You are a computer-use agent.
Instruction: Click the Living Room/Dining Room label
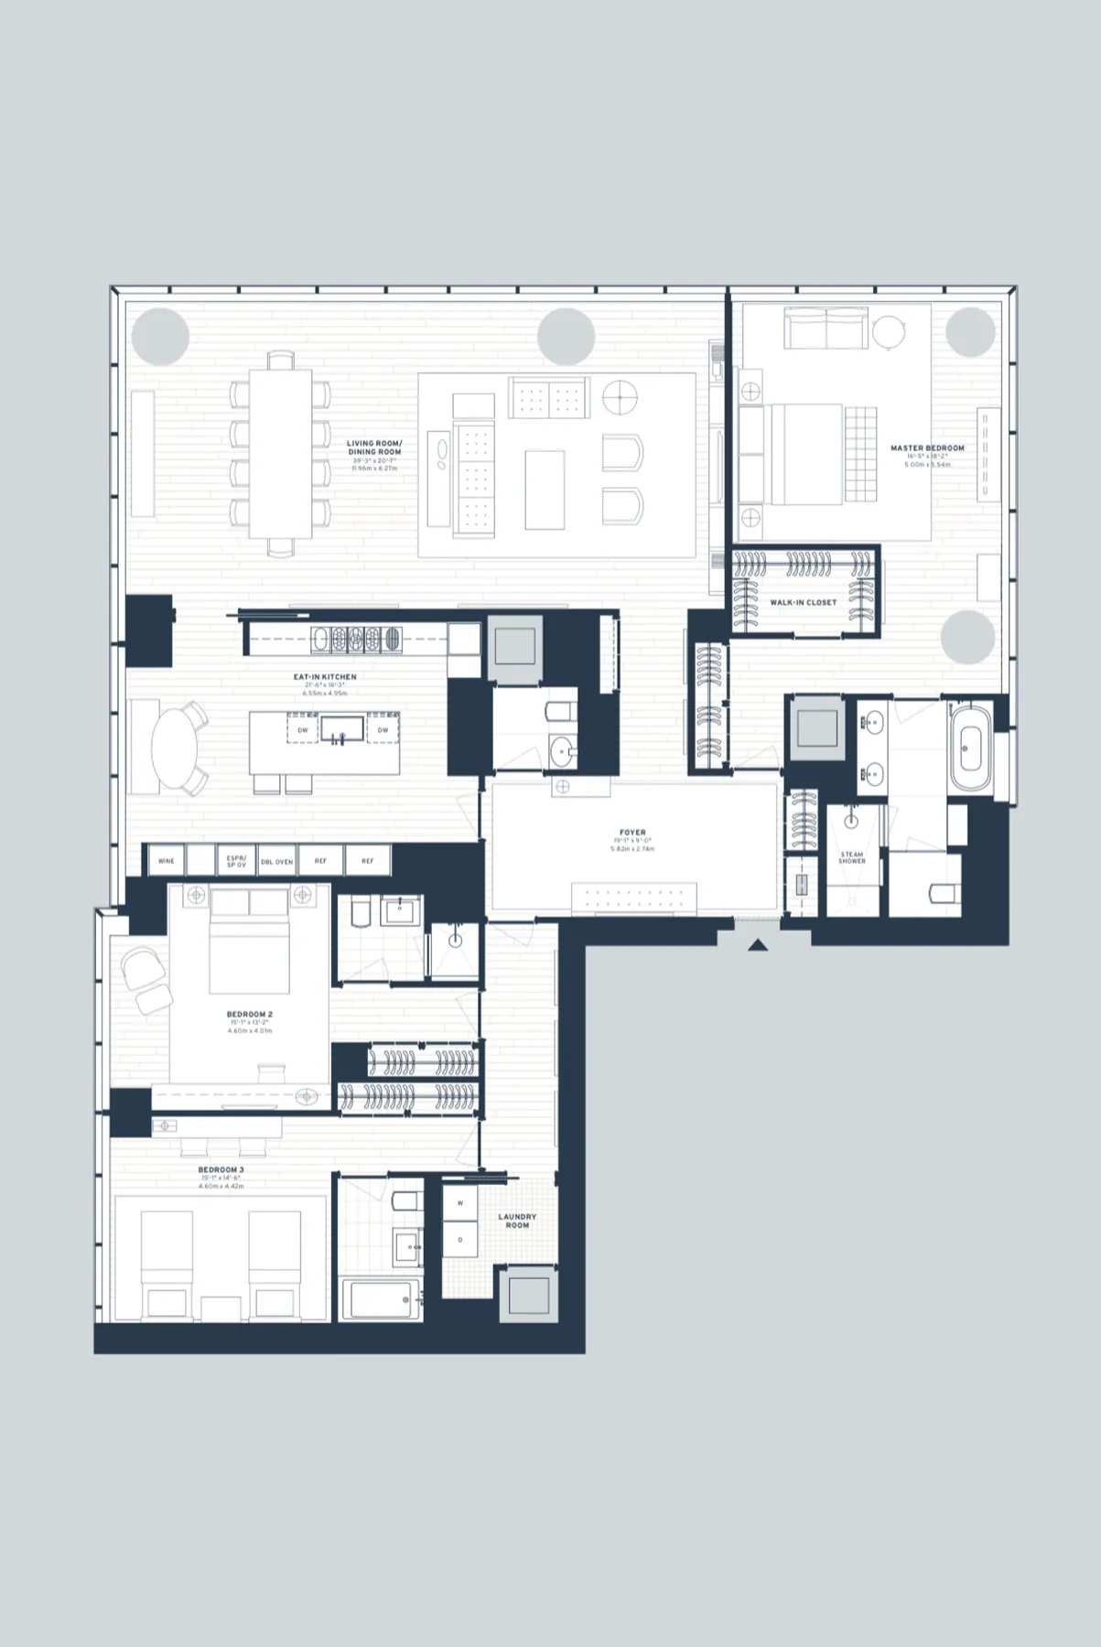374,447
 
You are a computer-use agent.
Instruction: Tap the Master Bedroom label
927,448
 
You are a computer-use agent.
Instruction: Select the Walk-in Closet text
803,603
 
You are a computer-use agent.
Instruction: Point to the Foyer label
632,833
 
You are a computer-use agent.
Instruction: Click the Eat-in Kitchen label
325,677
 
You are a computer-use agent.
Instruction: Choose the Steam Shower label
851,857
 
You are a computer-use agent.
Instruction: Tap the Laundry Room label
517,1221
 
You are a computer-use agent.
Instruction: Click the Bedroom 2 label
250,1015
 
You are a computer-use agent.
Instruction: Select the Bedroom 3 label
221,1169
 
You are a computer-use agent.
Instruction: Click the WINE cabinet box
166,861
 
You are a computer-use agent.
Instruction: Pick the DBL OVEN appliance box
276,861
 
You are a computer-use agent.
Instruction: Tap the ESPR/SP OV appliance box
236,861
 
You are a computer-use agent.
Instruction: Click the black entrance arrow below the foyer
757,944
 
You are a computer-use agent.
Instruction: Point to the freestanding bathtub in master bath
970,748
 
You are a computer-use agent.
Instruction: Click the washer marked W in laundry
460,1203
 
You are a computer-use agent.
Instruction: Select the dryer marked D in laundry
460,1240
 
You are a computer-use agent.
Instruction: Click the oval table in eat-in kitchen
173,748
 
